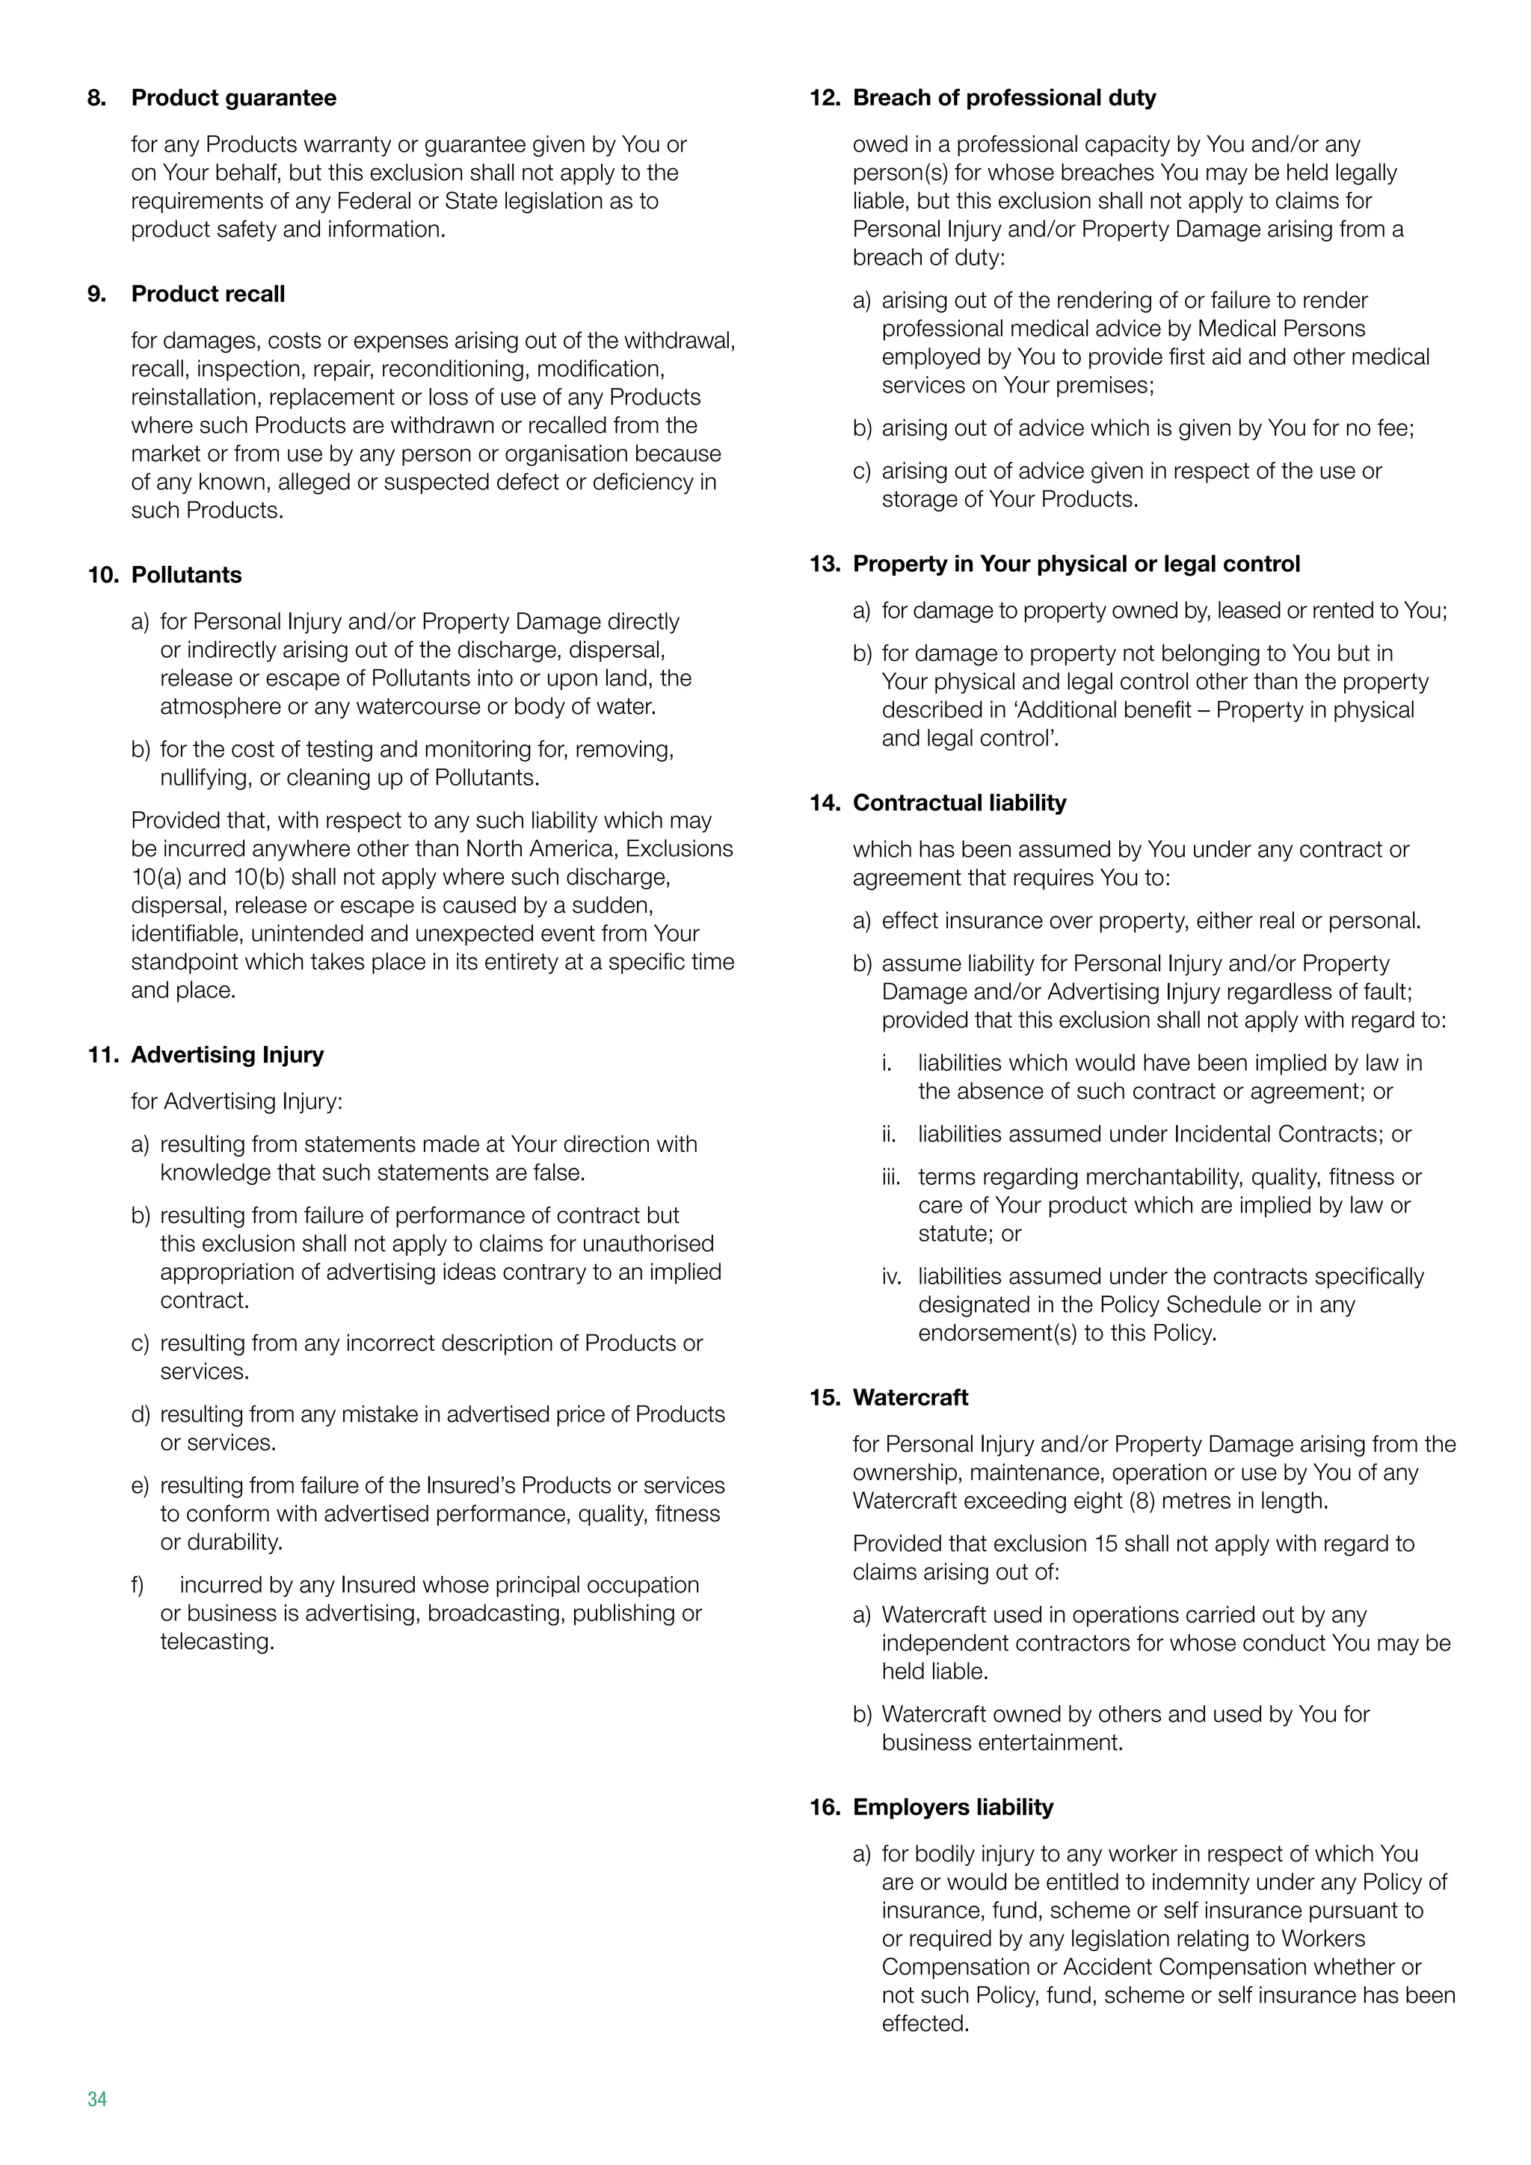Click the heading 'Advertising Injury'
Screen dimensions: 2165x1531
click(227, 1054)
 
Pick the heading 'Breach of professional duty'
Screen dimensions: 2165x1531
click(1003, 98)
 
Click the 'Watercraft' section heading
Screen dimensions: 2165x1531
click(910, 1397)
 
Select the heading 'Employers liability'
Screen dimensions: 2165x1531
click(952, 1807)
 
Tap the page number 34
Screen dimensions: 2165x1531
click(97, 2099)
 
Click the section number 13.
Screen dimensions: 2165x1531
click(824, 564)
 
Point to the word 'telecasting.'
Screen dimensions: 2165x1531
click(217, 1642)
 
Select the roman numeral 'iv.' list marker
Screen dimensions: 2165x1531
click(891, 1277)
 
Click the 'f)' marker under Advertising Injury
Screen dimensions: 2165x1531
click(138, 1585)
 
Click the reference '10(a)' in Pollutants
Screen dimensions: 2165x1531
click(156, 877)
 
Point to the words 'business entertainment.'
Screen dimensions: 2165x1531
click(1002, 1743)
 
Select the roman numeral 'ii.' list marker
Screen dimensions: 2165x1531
click(889, 1134)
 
